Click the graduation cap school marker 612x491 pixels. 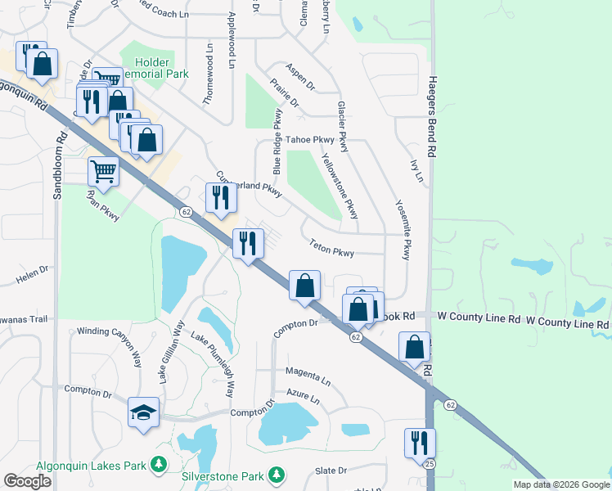(143, 412)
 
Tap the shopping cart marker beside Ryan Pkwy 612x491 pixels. (104, 172)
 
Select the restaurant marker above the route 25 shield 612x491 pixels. (420, 444)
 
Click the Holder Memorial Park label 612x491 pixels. (155, 68)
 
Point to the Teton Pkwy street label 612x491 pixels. (331, 248)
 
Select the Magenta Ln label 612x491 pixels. (308, 376)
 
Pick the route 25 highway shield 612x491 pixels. (429, 465)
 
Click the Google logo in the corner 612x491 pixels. (27, 480)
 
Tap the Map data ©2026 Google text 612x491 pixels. (561, 484)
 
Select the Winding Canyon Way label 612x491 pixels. (115, 331)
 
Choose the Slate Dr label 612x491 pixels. (331, 471)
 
